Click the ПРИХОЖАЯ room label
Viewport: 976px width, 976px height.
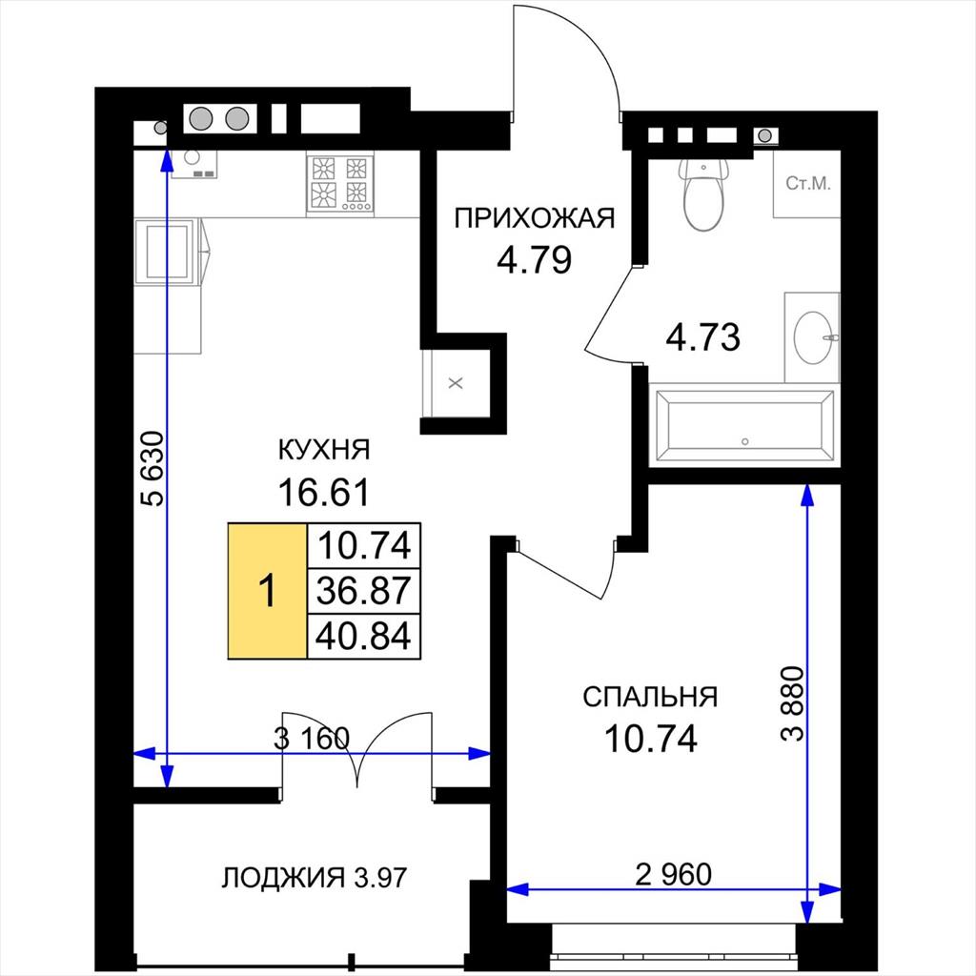click(x=534, y=219)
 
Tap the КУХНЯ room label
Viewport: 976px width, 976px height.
click(x=324, y=450)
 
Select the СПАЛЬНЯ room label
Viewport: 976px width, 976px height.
click(x=650, y=697)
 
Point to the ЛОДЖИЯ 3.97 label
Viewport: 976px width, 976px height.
click(x=315, y=878)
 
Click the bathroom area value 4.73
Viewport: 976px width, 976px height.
click(x=702, y=337)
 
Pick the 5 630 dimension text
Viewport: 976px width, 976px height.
click(x=153, y=468)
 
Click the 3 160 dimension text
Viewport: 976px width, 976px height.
click(x=312, y=739)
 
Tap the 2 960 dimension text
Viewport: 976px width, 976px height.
click(x=674, y=875)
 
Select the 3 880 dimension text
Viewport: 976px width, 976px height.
click(x=793, y=703)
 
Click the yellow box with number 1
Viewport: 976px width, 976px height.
click(x=268, y=591)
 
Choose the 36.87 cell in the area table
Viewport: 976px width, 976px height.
click(x=364, y=591)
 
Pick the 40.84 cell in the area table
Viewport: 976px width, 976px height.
click(x=364, y=636)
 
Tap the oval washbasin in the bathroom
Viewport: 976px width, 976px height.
click(x=813, y=337)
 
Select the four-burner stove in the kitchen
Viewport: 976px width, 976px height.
click(x=340, y=184)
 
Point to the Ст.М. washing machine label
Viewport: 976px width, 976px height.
click(x=808, y=183)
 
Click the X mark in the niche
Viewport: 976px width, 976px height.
click(x=457, y=383)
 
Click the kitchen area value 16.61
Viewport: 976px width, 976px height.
click(x=324, y=493)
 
